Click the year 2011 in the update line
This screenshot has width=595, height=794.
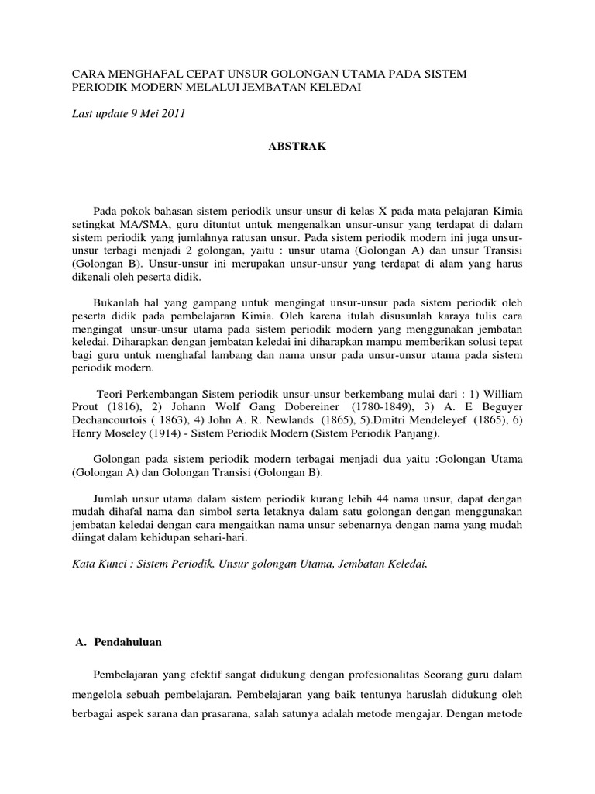click(171, 113)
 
